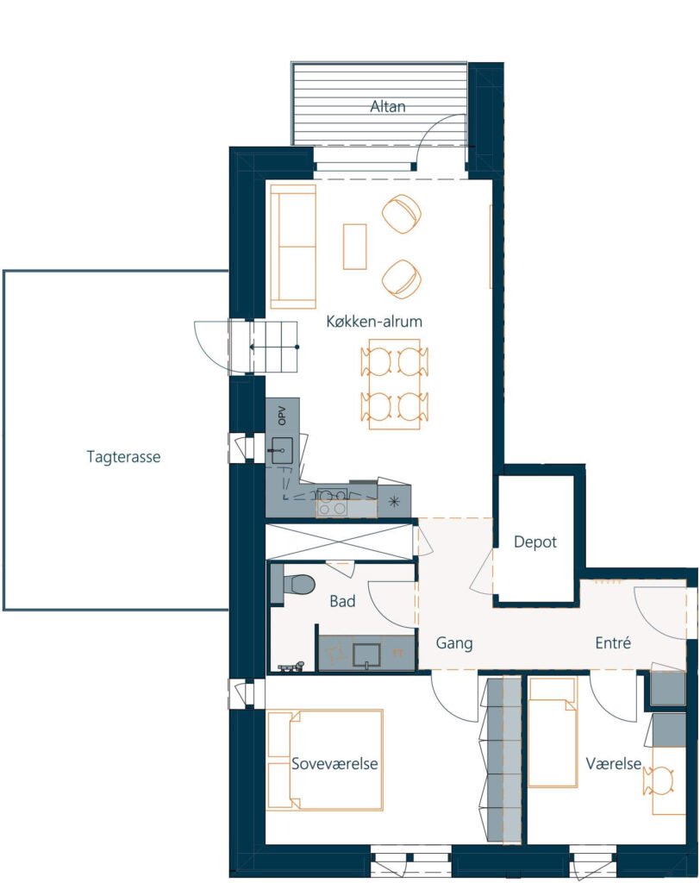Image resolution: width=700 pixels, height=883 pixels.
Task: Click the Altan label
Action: point(387,106)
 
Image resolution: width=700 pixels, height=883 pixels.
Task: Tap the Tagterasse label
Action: point(123,457)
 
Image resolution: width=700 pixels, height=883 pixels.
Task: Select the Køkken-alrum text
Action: point(374,322)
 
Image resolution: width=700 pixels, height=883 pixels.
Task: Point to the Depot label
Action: point(535,542)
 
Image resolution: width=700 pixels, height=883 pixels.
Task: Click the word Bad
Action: point(342,601)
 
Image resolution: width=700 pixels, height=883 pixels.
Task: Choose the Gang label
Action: point(454,643)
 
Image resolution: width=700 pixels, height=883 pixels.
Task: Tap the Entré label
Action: point(613,642)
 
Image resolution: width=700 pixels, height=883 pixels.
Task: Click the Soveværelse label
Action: point(334,764)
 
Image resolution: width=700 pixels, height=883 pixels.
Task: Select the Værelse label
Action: point(613,764)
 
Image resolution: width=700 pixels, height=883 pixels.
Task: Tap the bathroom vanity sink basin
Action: point(366,655)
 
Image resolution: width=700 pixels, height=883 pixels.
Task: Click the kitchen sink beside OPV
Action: point(282,450)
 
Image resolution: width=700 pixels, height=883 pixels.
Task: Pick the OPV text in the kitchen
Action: point(282,416)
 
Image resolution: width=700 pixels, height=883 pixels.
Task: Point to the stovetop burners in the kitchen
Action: point(332,502)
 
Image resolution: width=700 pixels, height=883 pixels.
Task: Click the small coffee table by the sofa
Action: point(355,247)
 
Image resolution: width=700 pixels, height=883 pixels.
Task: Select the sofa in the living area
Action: point(293,247)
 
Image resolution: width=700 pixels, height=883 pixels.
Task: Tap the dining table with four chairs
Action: point(394,384)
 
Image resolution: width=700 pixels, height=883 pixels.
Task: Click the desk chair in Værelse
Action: point(659,780)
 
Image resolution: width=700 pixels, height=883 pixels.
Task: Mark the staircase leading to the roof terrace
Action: point(263,347)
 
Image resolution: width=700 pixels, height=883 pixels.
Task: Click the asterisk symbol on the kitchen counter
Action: point(394,501)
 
